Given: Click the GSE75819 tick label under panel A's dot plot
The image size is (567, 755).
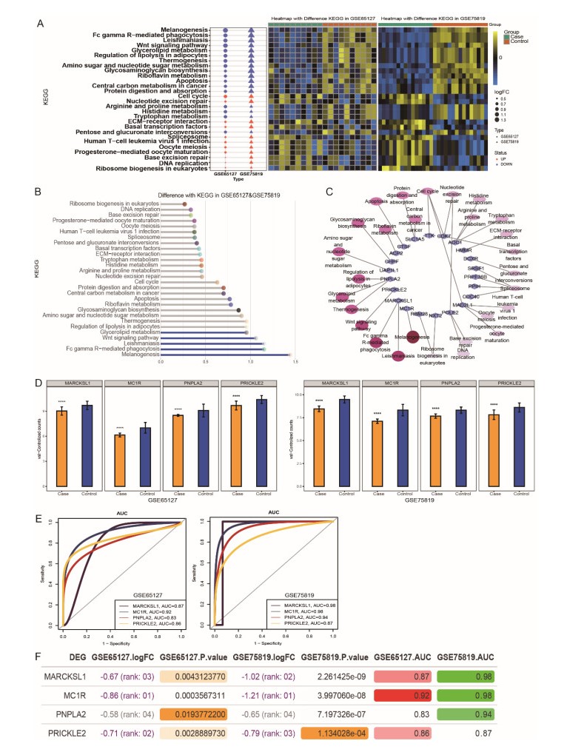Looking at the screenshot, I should [x=251, y=174].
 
